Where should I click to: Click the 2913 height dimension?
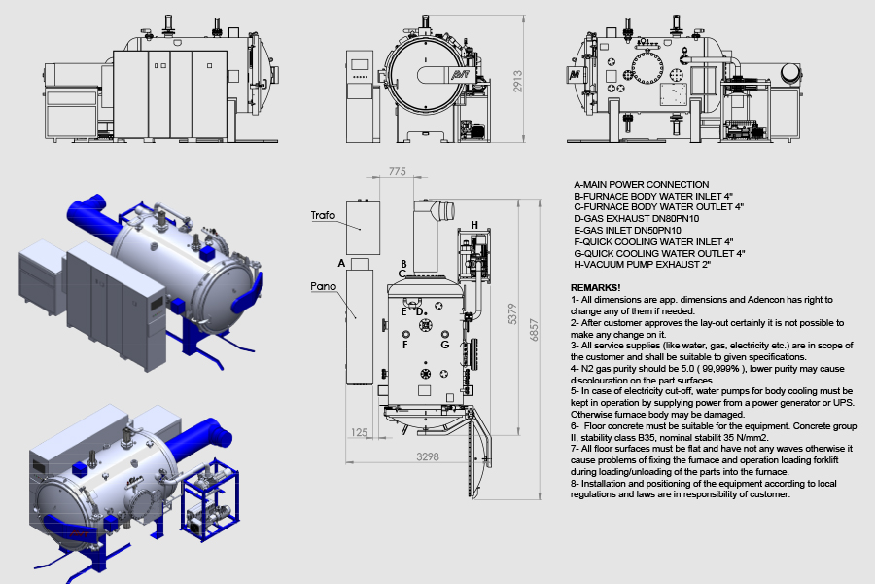pos(518,81)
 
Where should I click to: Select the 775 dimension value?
pos(398,171)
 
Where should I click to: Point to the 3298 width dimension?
pos(428,456)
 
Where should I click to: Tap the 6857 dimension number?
pos(534,330)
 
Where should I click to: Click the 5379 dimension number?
pos(512,314)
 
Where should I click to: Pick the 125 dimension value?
pos(360,432)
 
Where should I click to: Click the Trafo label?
pos(323,215)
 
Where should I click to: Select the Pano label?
pos(323,286)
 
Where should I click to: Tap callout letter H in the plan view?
pos(474,225)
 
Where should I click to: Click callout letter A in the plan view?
pos(341,263)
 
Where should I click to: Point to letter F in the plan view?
pos(405,345)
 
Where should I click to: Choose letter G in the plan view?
pos(444,345)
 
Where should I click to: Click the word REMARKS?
pos(595,288)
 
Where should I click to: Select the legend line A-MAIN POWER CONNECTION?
pos(642,184)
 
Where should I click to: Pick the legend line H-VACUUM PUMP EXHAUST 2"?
pos(643,265)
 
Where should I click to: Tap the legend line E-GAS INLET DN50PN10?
pos(627,231)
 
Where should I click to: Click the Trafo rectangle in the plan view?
pos(363,228)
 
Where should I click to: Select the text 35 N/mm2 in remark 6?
pos(746,438)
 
